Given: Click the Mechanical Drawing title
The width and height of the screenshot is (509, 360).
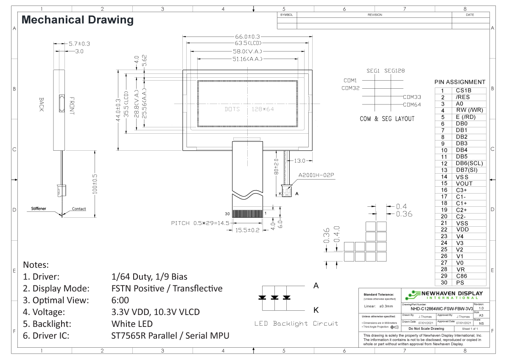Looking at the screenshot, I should [x=77, y=20].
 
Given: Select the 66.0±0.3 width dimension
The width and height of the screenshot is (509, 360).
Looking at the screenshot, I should [x=244, y=37].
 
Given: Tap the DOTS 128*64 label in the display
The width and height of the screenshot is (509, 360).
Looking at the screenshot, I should [x=249, y=109].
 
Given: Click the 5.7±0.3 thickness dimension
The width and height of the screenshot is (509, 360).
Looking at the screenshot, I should [x=79, y=43].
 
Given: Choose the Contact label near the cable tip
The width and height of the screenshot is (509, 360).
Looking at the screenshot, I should [x=79, y=209].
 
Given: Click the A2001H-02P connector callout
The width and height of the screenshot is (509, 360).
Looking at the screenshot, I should [x=317, y=175].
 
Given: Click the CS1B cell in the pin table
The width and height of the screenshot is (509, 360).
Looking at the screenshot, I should [x=464, y=90].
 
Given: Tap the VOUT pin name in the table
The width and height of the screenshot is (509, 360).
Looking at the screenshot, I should [x=464, y=183].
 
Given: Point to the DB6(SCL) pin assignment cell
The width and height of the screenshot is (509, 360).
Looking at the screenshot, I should [x=469, y=163].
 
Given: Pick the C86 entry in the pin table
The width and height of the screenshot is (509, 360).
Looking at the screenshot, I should [x=462, y=276].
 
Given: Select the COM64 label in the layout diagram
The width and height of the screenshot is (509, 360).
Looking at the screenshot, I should [x=412, y=105].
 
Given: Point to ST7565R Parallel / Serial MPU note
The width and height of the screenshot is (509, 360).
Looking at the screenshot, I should [x=170, y=336].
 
